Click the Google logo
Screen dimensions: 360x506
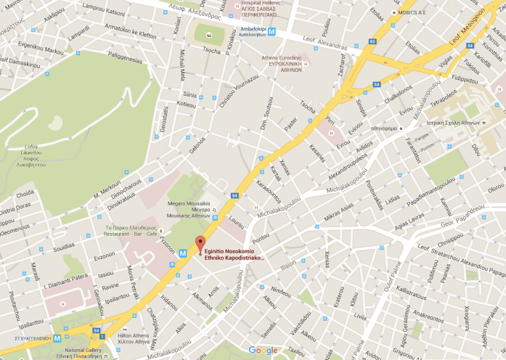tap(263, 351)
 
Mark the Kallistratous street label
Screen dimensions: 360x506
tap(412, 289)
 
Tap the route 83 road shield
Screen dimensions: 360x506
tap(372, 42)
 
